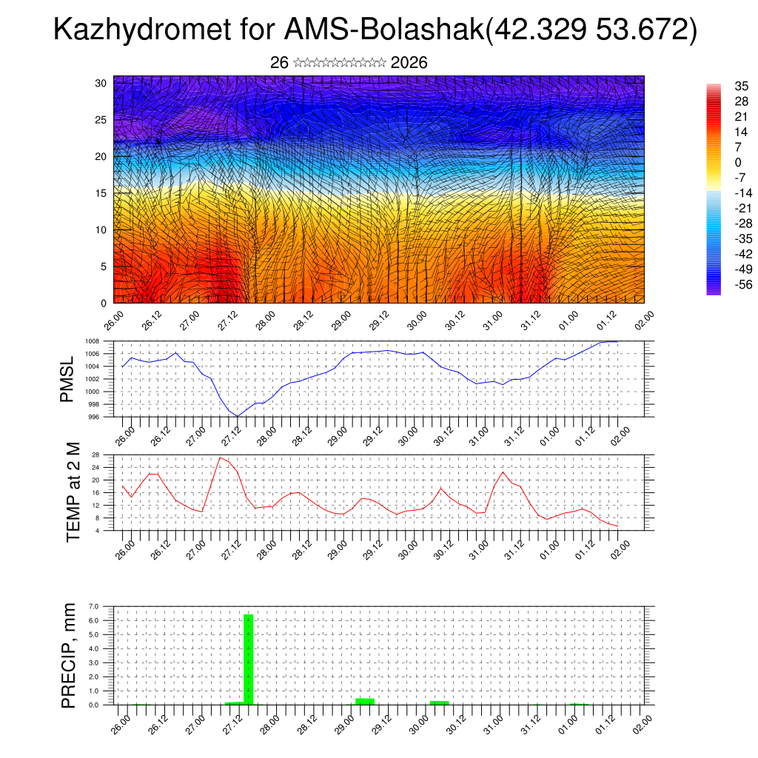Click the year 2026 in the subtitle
[409, 63]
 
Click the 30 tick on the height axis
[101, 83]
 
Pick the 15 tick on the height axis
[101, 193]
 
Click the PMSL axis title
[67, 379]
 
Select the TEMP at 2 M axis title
[73, 492]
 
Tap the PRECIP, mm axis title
[69, 655]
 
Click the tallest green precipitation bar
[249, 659]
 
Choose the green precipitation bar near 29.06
[364, 701]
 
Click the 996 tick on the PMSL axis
[93, 417]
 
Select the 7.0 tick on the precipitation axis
[94, 606]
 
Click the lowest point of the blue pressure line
[238, 416]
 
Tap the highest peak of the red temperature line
[220, 457]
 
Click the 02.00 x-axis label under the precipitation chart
[641, 723]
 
